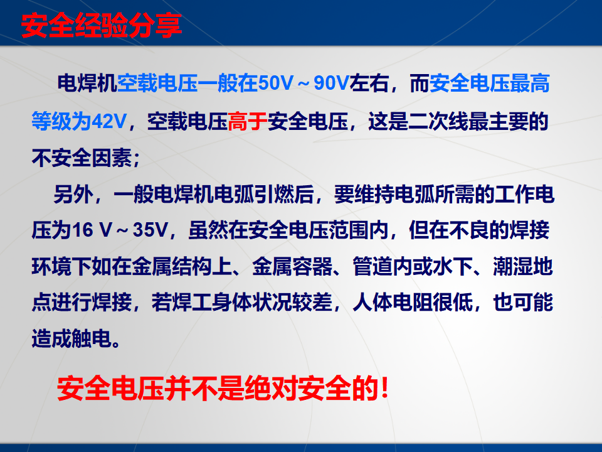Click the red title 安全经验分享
[x=101, y=26]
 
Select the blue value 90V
[x=331, y=83]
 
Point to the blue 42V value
[x=109, y=121]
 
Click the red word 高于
[x=247, y=121]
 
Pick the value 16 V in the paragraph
[x=92, y=230]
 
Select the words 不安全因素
[x=82, y=158]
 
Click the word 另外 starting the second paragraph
[x=73, y=194]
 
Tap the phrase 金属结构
[x=172, y=266]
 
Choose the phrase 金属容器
[x=292, y=266]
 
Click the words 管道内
[x=383, y=266]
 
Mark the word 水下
[x=452, y=266]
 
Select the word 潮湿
[x=512, y=266]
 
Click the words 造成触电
[x=71, y=338]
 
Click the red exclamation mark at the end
[x=385, y=388]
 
